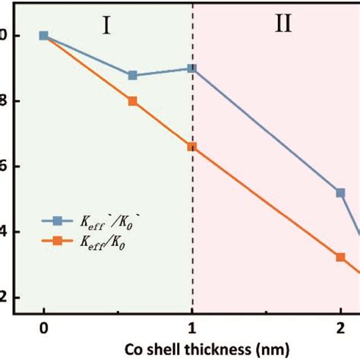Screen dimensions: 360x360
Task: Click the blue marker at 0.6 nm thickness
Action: click(133, 75)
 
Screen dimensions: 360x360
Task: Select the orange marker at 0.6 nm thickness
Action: click(133, 101)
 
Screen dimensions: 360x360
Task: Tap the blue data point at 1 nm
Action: click(191, 68)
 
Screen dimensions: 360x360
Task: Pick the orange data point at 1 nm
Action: click(191, 147)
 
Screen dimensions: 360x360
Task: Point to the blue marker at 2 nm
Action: click(340, 193)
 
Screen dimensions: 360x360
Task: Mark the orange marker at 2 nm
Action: click(340, 257)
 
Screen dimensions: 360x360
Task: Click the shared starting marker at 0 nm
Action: click(44, 36)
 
